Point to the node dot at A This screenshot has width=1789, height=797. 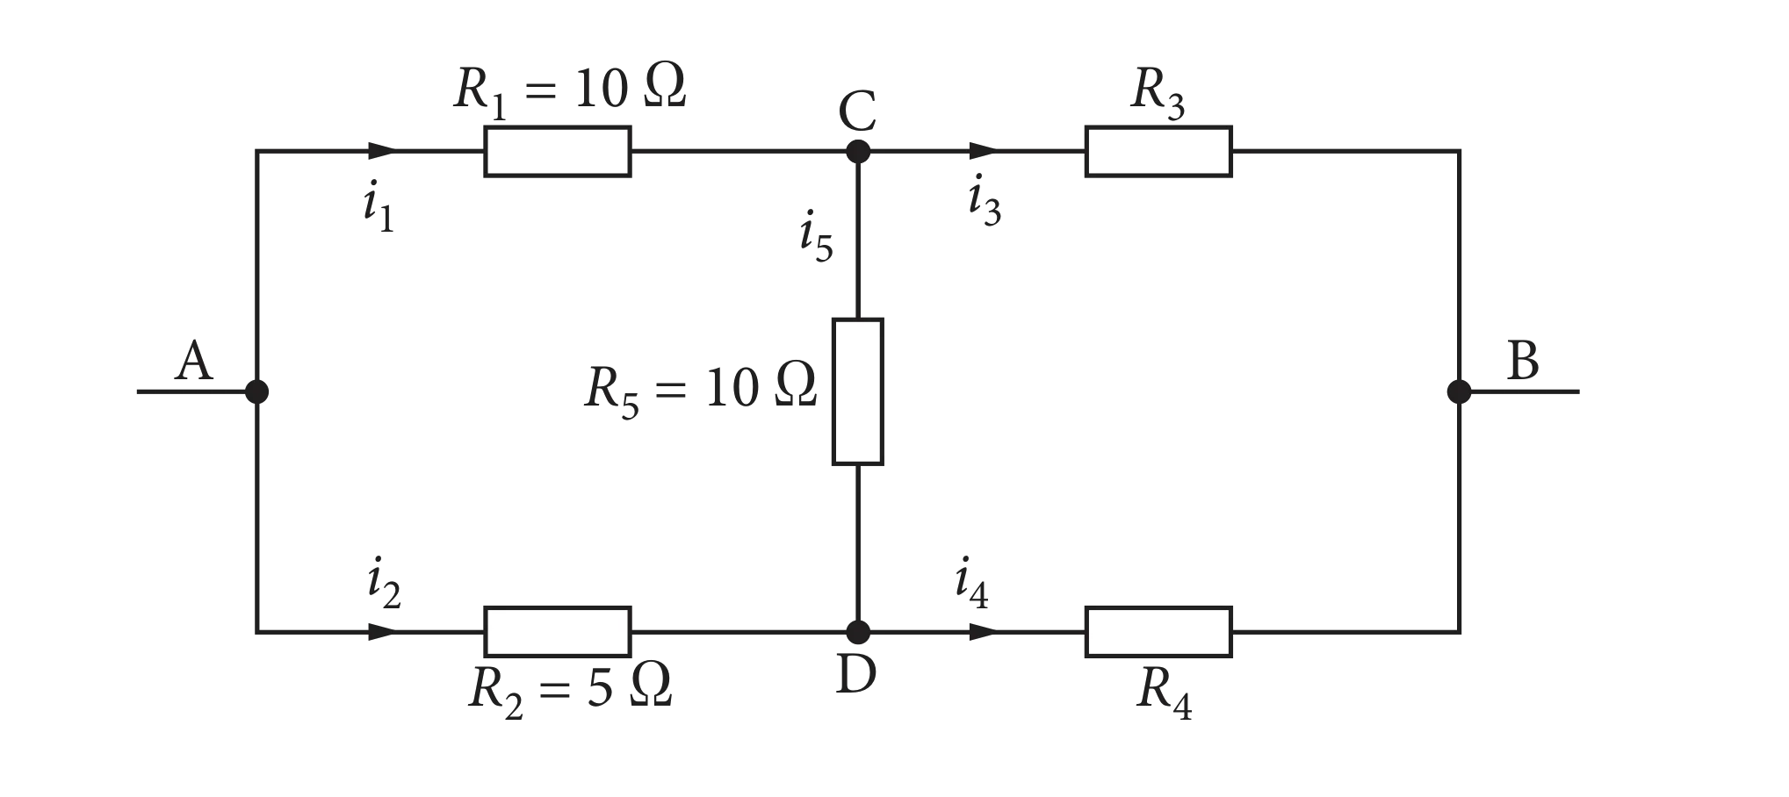click(256, 391)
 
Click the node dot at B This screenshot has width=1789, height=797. click(1459, 391)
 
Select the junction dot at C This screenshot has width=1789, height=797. click(858, 152)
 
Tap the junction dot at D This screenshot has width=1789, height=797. click(858, 632)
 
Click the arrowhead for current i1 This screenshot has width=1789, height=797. click(383, 151)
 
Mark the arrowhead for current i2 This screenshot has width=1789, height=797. click(383, 632)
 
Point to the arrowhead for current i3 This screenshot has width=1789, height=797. click(984, 151)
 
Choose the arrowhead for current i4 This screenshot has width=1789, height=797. click(984, 632)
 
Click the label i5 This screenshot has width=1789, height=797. click(816, 237)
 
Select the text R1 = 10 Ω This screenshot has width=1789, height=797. click(569, 91)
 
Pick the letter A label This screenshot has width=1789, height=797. click(194, 361)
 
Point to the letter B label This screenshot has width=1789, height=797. click(1522, 361)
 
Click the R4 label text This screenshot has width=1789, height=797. click(1164, 693)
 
